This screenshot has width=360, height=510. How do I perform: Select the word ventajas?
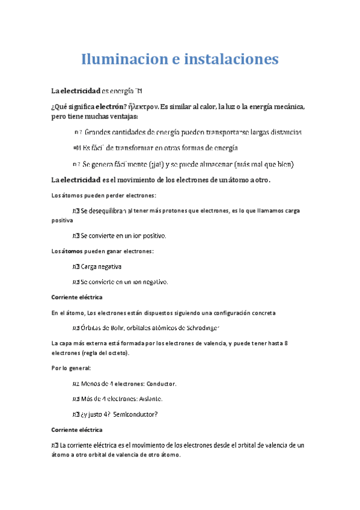click(x=123, y=116)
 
